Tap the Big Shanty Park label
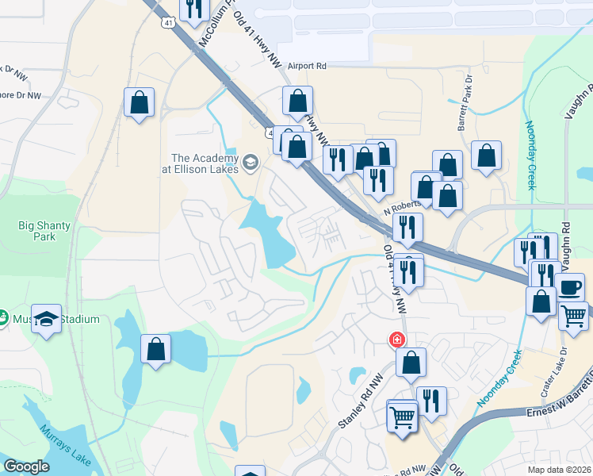tap(44, 231)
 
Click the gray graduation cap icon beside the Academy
tap(251, 163)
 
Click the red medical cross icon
tap(396, 340)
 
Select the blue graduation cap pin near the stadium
tap(47, 319)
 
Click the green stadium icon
tap(2, 319)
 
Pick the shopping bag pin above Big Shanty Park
tap(139, 102)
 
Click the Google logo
tap(27, 466)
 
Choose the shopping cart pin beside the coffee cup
tap(573, 315)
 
